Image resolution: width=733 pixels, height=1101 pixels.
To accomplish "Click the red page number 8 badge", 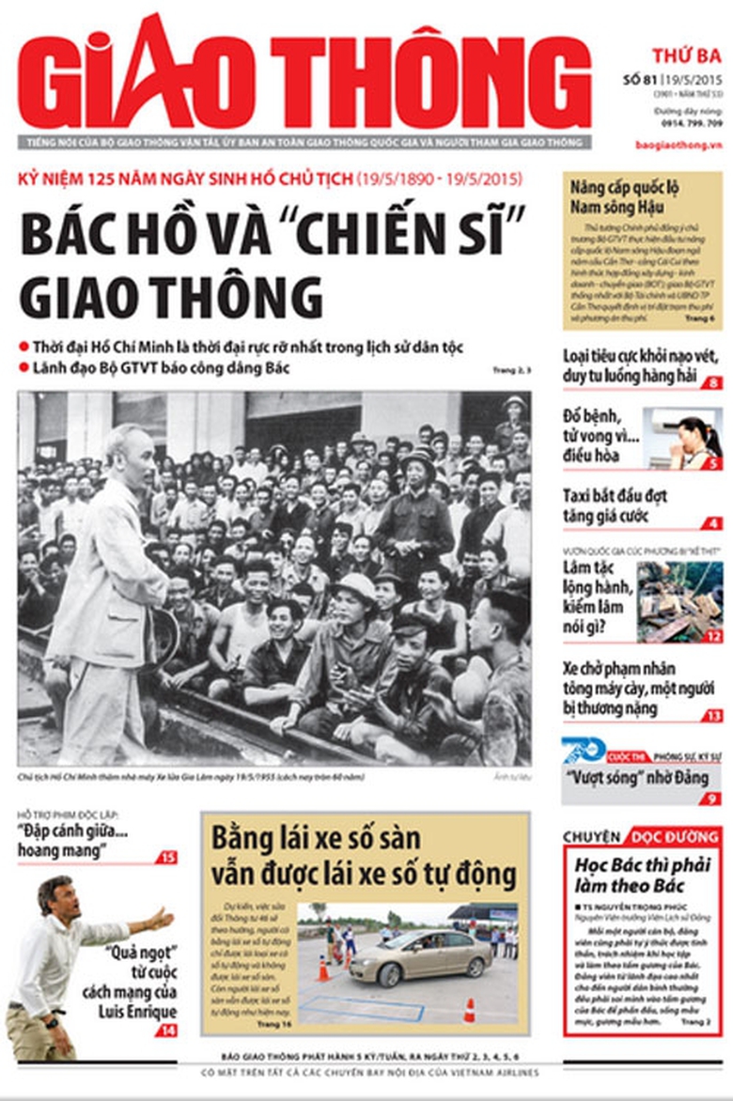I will [714, 382].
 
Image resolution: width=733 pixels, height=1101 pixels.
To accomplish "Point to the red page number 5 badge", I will [714, 462].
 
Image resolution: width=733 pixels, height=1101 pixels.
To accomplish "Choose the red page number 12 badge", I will [714, 636].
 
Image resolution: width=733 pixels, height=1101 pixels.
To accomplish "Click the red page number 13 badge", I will [714, 716].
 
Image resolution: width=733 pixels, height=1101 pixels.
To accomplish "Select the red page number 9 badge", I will [714, 798].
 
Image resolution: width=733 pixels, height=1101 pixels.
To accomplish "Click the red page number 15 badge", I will [166, 857].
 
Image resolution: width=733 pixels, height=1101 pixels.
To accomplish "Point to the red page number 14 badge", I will [166, 1031].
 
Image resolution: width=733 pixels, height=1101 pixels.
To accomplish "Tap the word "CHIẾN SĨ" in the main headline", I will [413, 233].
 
